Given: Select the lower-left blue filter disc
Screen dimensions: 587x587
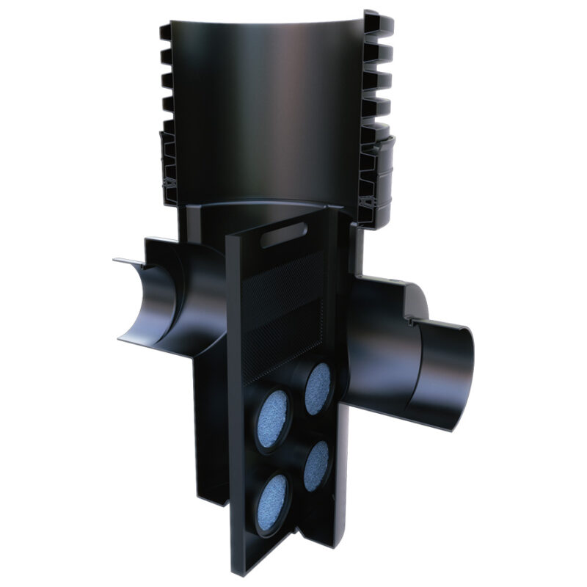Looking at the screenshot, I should pyautogui.click(x=274, y=495).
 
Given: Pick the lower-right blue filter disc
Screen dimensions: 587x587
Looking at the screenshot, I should pyautogui.click(x=316, y=466).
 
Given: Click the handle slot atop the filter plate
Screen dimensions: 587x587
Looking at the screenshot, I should pyautogui.click(x=285, y=237).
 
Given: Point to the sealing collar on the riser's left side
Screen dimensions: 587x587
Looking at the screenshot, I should pyautogui.click(x=169, y=169).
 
